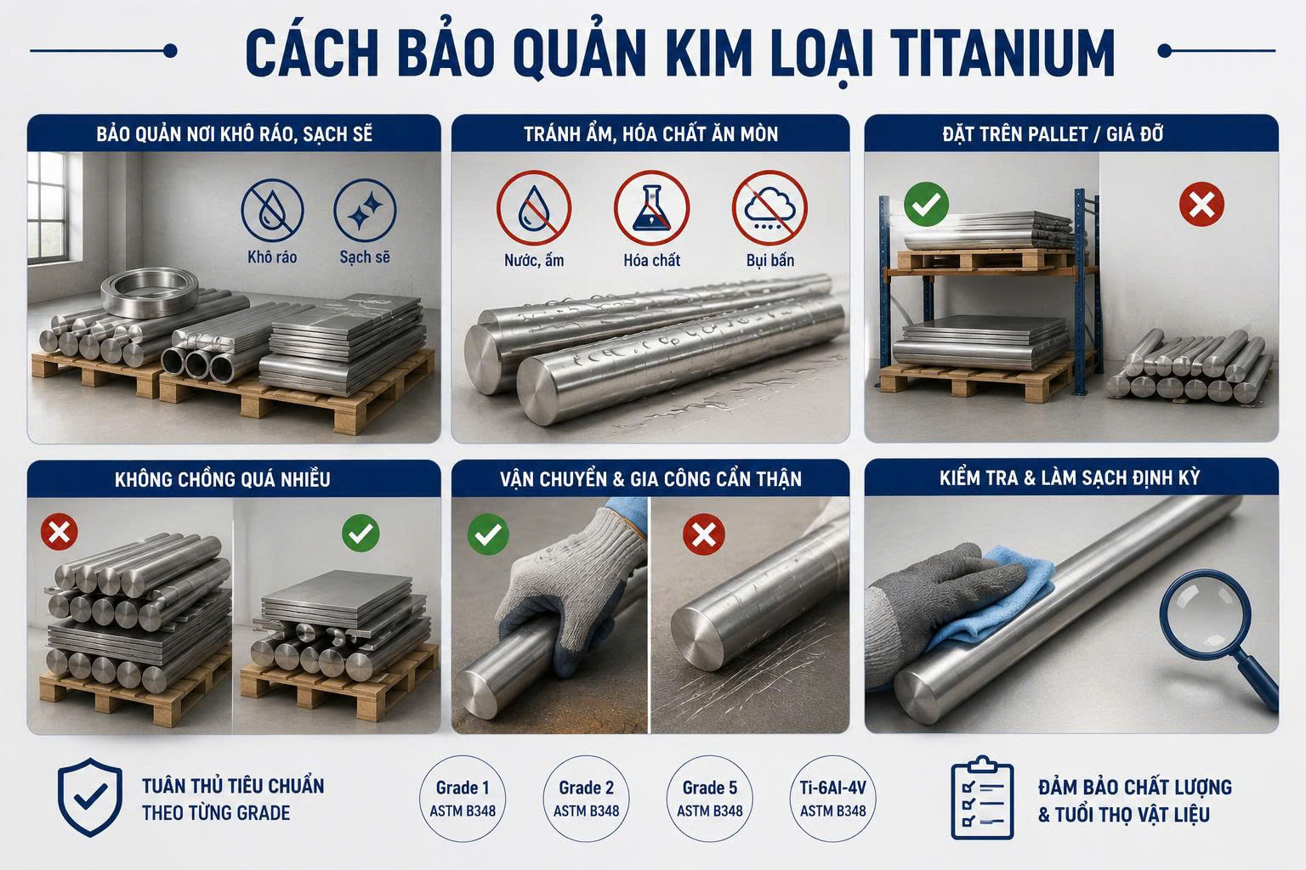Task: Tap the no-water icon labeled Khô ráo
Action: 272,210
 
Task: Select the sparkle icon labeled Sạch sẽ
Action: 365,210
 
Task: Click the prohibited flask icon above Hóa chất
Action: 651,208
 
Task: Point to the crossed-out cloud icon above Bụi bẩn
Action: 769,208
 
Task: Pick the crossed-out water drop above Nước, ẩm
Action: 533,208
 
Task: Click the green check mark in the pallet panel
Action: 926,204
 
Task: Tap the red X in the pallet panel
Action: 1201,204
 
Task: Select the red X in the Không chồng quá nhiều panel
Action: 59,532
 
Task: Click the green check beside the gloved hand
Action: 488,534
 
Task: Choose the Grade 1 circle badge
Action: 463,799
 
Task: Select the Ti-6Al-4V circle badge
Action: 832,799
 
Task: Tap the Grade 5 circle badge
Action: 710,799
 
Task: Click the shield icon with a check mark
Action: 90,797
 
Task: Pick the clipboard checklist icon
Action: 982,798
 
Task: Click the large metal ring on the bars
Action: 150,292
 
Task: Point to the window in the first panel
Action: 48,206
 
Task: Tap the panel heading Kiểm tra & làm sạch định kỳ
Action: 1070,477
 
